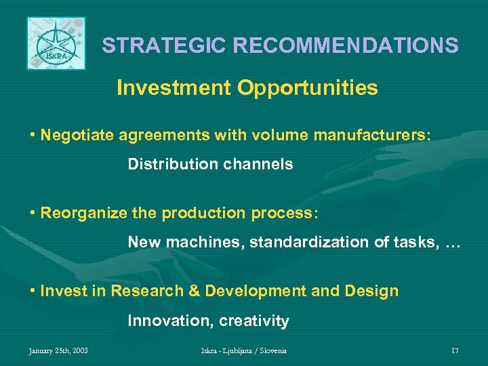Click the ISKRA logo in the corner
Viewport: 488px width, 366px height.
tap(56, 43)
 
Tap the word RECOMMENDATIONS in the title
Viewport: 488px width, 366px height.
tap(346, 46)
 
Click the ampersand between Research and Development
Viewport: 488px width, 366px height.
tap(194, 291)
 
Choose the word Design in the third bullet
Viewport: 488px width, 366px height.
tap(371, 291)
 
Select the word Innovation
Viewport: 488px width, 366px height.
tap(169, 321)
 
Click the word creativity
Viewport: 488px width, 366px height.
tap(254, 321)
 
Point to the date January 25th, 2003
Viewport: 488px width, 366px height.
tap(58, 350)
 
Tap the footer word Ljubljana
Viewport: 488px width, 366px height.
tap(232, 350)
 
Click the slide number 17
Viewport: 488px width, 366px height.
tap(455, 350)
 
